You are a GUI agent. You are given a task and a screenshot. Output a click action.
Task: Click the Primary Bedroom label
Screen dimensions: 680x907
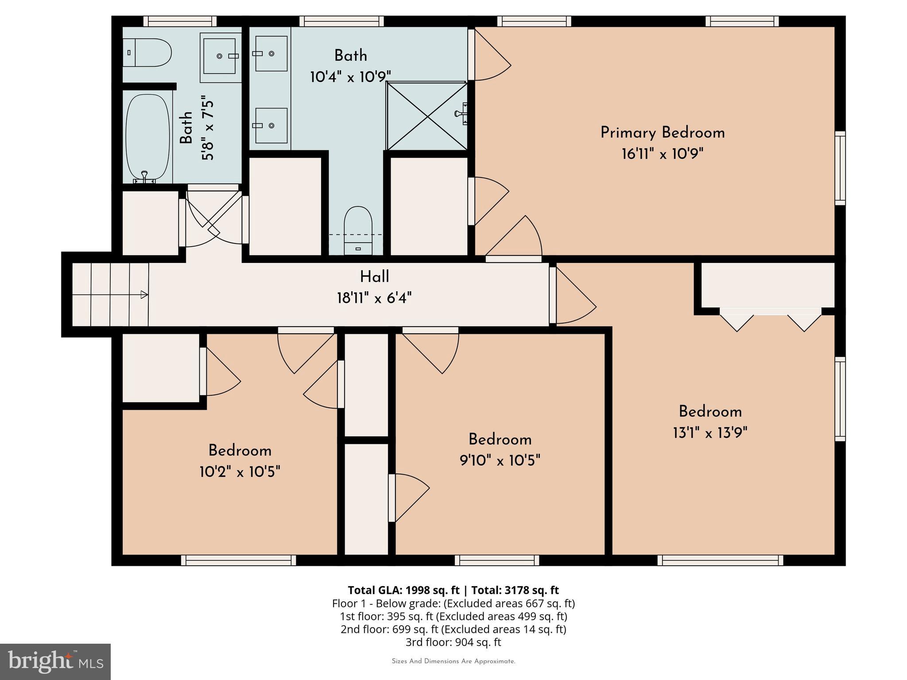(662, 133)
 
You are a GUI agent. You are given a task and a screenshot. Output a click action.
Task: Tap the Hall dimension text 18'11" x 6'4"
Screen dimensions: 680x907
(374, 298)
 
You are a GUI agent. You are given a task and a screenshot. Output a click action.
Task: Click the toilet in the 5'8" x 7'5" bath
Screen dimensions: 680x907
(148, 53)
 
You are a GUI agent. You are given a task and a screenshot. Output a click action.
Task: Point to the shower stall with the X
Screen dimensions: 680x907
(426, 116)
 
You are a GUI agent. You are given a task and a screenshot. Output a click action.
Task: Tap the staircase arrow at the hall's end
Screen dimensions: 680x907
(144, 294)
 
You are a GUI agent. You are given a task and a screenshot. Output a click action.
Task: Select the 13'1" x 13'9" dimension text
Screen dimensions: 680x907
(710, 433)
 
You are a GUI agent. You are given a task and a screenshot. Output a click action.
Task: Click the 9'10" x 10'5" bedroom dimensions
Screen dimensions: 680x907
(500, 461)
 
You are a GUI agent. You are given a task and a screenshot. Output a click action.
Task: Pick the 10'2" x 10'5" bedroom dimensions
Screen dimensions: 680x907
(240, 472)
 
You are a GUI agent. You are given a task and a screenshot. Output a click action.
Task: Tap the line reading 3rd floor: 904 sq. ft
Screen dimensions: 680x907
(453, 642)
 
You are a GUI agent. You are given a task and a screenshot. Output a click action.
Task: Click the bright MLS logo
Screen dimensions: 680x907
(55, 661)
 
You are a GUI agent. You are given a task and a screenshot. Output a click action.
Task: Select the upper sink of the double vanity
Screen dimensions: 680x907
(271, 54)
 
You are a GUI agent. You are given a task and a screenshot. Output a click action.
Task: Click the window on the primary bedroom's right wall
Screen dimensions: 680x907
(840, 168)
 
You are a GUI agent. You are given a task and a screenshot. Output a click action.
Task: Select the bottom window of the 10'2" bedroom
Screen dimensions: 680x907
(238, 560)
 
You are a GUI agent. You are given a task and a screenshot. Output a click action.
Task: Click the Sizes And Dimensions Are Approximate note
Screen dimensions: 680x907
(453, 661)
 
